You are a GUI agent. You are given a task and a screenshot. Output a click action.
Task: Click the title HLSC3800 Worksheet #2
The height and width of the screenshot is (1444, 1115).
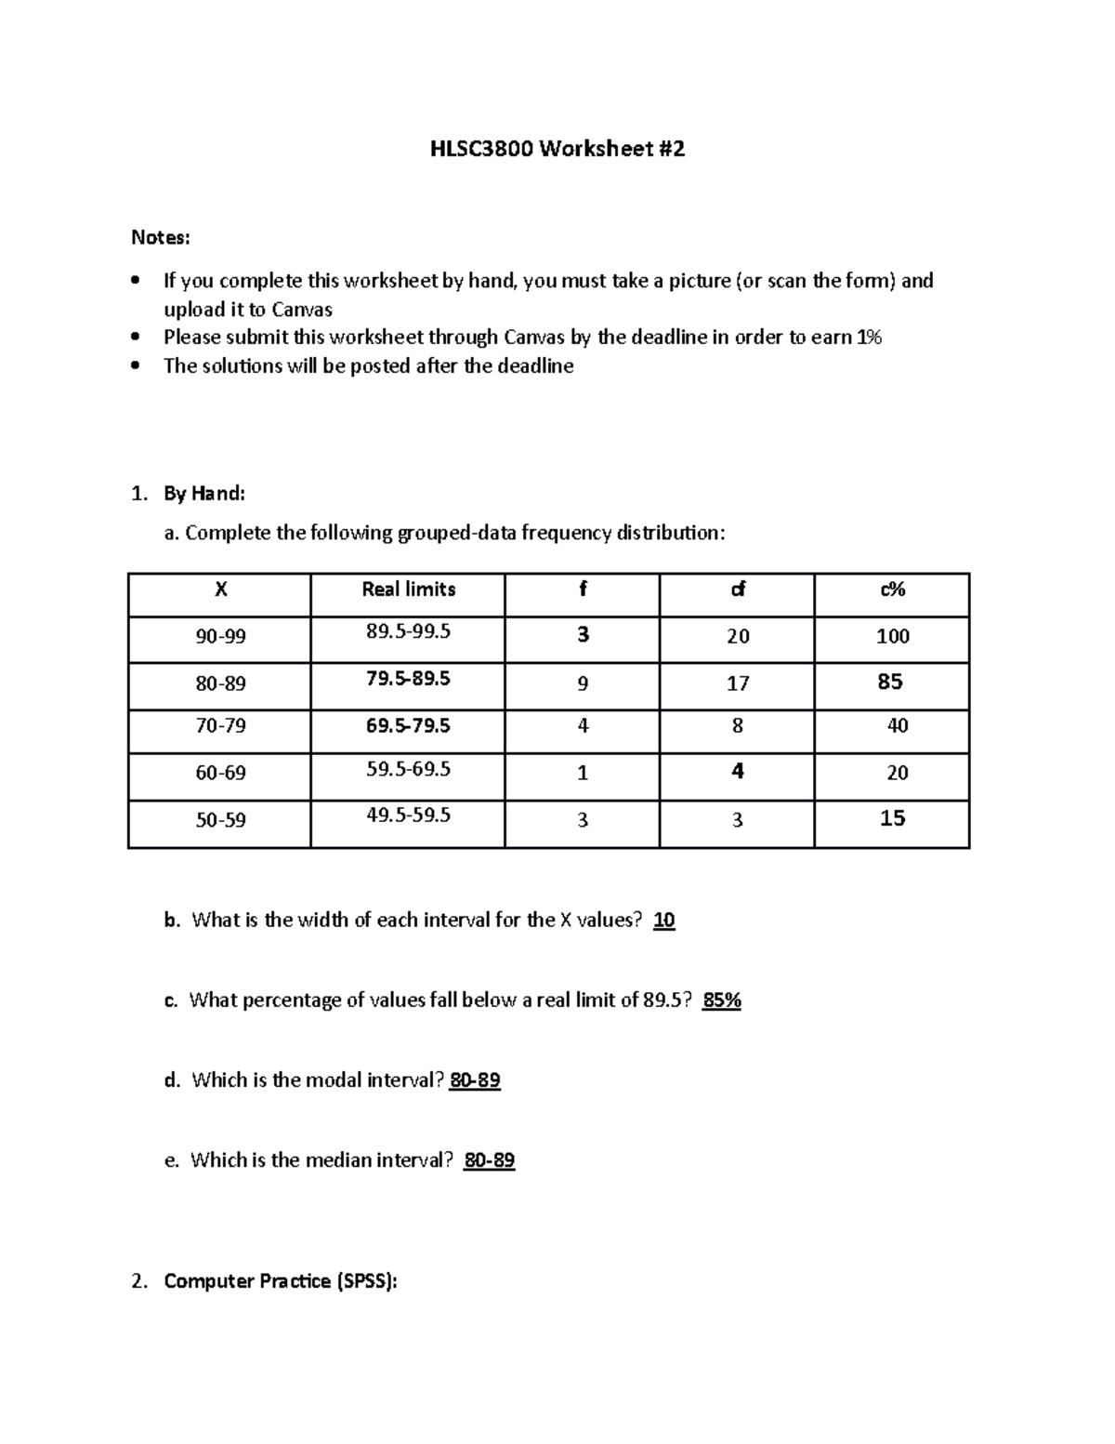[x=557, y=149]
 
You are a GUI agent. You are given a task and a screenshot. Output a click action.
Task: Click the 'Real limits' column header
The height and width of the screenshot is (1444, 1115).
[x=408, y=590]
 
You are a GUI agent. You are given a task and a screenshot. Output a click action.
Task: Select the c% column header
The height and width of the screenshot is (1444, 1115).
[x=892, y=590]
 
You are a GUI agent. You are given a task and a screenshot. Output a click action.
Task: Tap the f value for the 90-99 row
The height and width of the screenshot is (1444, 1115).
[x=583, y=635]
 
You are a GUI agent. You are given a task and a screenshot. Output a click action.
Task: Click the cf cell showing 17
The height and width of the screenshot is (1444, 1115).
[x=737, y=683]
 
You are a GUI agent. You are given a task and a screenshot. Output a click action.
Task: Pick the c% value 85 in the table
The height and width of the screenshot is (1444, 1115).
[x=890, y=682]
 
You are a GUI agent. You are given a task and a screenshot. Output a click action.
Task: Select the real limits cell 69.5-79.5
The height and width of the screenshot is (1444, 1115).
[x=408, y=725]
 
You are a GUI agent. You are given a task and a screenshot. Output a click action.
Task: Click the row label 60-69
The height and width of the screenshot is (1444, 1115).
[x=220, y=773]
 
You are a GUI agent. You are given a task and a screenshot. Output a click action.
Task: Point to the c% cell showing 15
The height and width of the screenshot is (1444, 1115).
[x=892, y=818]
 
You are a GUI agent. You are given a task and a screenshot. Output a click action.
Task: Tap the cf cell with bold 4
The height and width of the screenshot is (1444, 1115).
[x=737, y=771]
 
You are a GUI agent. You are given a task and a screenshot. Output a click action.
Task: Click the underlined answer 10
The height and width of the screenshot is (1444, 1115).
[x=663, y=921]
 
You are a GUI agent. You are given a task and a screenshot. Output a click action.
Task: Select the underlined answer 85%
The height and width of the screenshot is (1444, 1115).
[x=722, y=1000]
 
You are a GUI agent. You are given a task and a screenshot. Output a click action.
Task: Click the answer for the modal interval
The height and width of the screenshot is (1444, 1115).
[x=475, y=1080]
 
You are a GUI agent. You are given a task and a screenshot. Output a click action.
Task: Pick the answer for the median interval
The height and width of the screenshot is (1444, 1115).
[x=489, y=1160]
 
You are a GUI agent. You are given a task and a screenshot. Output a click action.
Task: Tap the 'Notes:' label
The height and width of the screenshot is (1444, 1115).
[x=160, y=238]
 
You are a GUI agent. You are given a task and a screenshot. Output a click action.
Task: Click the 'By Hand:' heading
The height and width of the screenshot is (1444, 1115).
[x=204, y=493]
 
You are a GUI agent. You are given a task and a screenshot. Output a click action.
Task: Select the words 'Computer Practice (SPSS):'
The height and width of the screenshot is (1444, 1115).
[x=281, y=1281]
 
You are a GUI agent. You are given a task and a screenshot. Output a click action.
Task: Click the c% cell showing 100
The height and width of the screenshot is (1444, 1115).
[x=892, y=637]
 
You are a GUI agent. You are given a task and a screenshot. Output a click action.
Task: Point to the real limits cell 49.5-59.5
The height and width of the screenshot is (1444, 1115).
[x=408, y=815]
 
